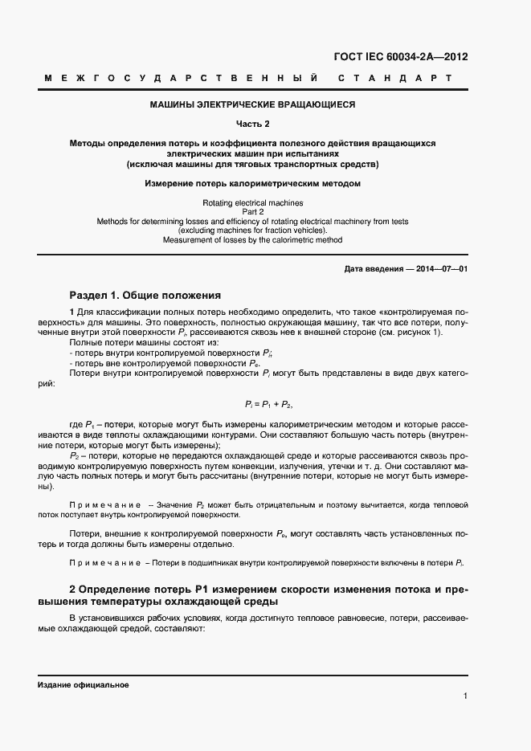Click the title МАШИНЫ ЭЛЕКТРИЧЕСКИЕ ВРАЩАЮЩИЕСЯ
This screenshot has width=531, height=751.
(252, 104)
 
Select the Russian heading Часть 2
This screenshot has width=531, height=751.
(252, 124)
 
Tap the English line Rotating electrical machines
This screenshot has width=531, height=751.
(252, 204)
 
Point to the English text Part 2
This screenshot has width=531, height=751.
(252, 212)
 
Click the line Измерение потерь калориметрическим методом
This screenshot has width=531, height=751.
(252, 184)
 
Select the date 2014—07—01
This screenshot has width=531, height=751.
(440, 269)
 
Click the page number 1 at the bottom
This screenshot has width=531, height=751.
(465, 696)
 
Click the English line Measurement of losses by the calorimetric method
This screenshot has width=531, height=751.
(252, 239)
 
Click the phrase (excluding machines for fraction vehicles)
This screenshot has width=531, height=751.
(252, 231)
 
